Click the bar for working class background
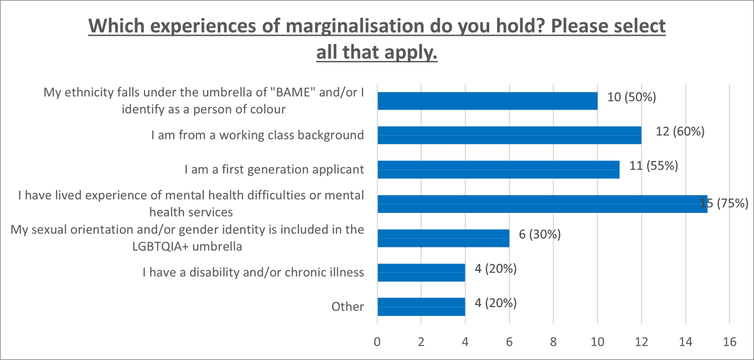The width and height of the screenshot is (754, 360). tap(509, 135)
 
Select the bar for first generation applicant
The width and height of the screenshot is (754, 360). tap(498, 170)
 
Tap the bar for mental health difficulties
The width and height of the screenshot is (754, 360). tap(542, 204)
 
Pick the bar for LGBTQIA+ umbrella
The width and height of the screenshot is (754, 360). tap(443, 238)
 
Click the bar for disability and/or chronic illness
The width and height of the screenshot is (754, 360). tap(421, 272)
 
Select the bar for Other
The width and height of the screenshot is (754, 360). tap(421, 307)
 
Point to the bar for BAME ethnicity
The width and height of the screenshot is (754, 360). tap(487, 101)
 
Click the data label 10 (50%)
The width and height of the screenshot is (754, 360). tap(632, 97)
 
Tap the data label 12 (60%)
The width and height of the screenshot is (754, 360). tap(676, 132)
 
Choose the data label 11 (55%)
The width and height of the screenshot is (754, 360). tap(654, 166)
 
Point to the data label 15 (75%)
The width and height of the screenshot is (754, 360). tap(724, 203)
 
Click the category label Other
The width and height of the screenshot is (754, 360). tap(348, 307)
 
